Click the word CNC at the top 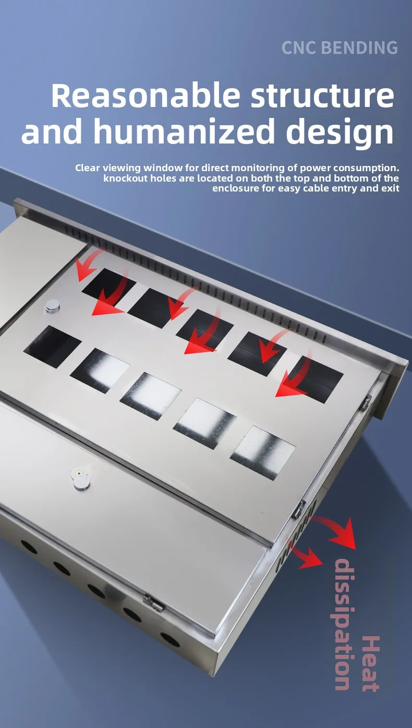pos(299,47)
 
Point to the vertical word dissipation pos(342,624)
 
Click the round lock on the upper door pos(52,306)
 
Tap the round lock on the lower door pos(80,480)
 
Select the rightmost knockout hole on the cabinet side pos(170,639)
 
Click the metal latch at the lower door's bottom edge pos(154,603)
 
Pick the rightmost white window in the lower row pos(262,452)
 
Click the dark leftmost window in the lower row pos(53,346)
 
